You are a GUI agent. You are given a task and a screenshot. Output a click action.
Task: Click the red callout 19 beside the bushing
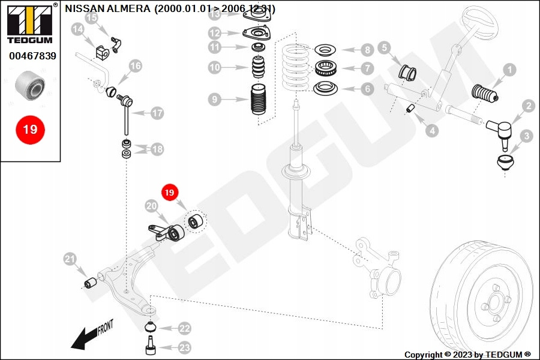click(169, 193)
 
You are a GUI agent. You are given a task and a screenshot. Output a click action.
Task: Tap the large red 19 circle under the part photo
click(30, 129)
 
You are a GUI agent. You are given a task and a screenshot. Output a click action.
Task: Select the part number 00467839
click(32, 56)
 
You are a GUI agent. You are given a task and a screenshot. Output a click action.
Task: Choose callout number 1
click(509, 70)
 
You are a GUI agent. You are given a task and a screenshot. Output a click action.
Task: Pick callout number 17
click(157, 112)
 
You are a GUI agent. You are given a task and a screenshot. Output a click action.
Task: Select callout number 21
click(71, 259)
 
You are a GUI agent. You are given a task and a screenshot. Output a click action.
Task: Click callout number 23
click(184, 347)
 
